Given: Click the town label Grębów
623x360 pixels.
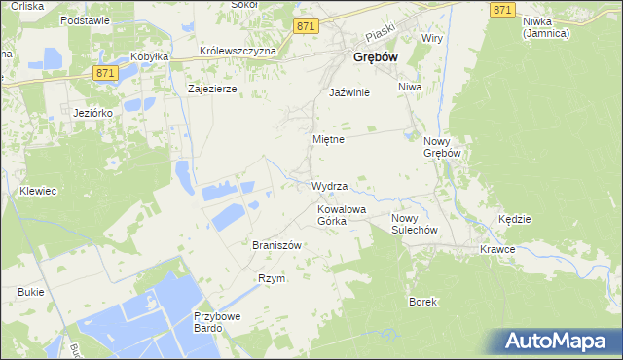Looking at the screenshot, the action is (372, 58).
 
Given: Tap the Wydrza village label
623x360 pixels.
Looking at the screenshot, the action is (329, 185).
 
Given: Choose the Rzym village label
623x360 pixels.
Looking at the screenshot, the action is (271, 278).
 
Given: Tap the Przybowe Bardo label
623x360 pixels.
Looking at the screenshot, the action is (216, 322).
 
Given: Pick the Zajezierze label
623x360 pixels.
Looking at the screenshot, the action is (212, 88).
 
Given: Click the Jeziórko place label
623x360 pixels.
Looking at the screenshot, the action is (94, 113).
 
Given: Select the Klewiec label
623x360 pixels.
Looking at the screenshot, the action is (37, 192).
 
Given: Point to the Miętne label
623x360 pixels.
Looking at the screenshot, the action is (328, 139).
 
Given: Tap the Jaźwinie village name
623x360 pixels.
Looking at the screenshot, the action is (349, 92).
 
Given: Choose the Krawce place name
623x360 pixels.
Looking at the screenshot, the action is (497, 249).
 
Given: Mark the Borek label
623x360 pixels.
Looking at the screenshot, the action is (421, 302).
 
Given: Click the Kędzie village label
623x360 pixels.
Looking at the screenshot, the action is (514, 219).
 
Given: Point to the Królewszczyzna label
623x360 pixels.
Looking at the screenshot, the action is (238, 50).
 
